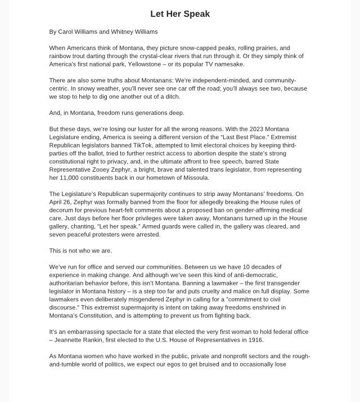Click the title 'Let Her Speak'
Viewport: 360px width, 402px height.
point(180,14)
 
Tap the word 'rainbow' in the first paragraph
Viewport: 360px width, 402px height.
point(61,56)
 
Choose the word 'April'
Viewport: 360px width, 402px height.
point(57,202)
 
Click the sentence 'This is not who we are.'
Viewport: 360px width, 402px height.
point(80,251)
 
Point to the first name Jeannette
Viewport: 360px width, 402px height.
point(71,340)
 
